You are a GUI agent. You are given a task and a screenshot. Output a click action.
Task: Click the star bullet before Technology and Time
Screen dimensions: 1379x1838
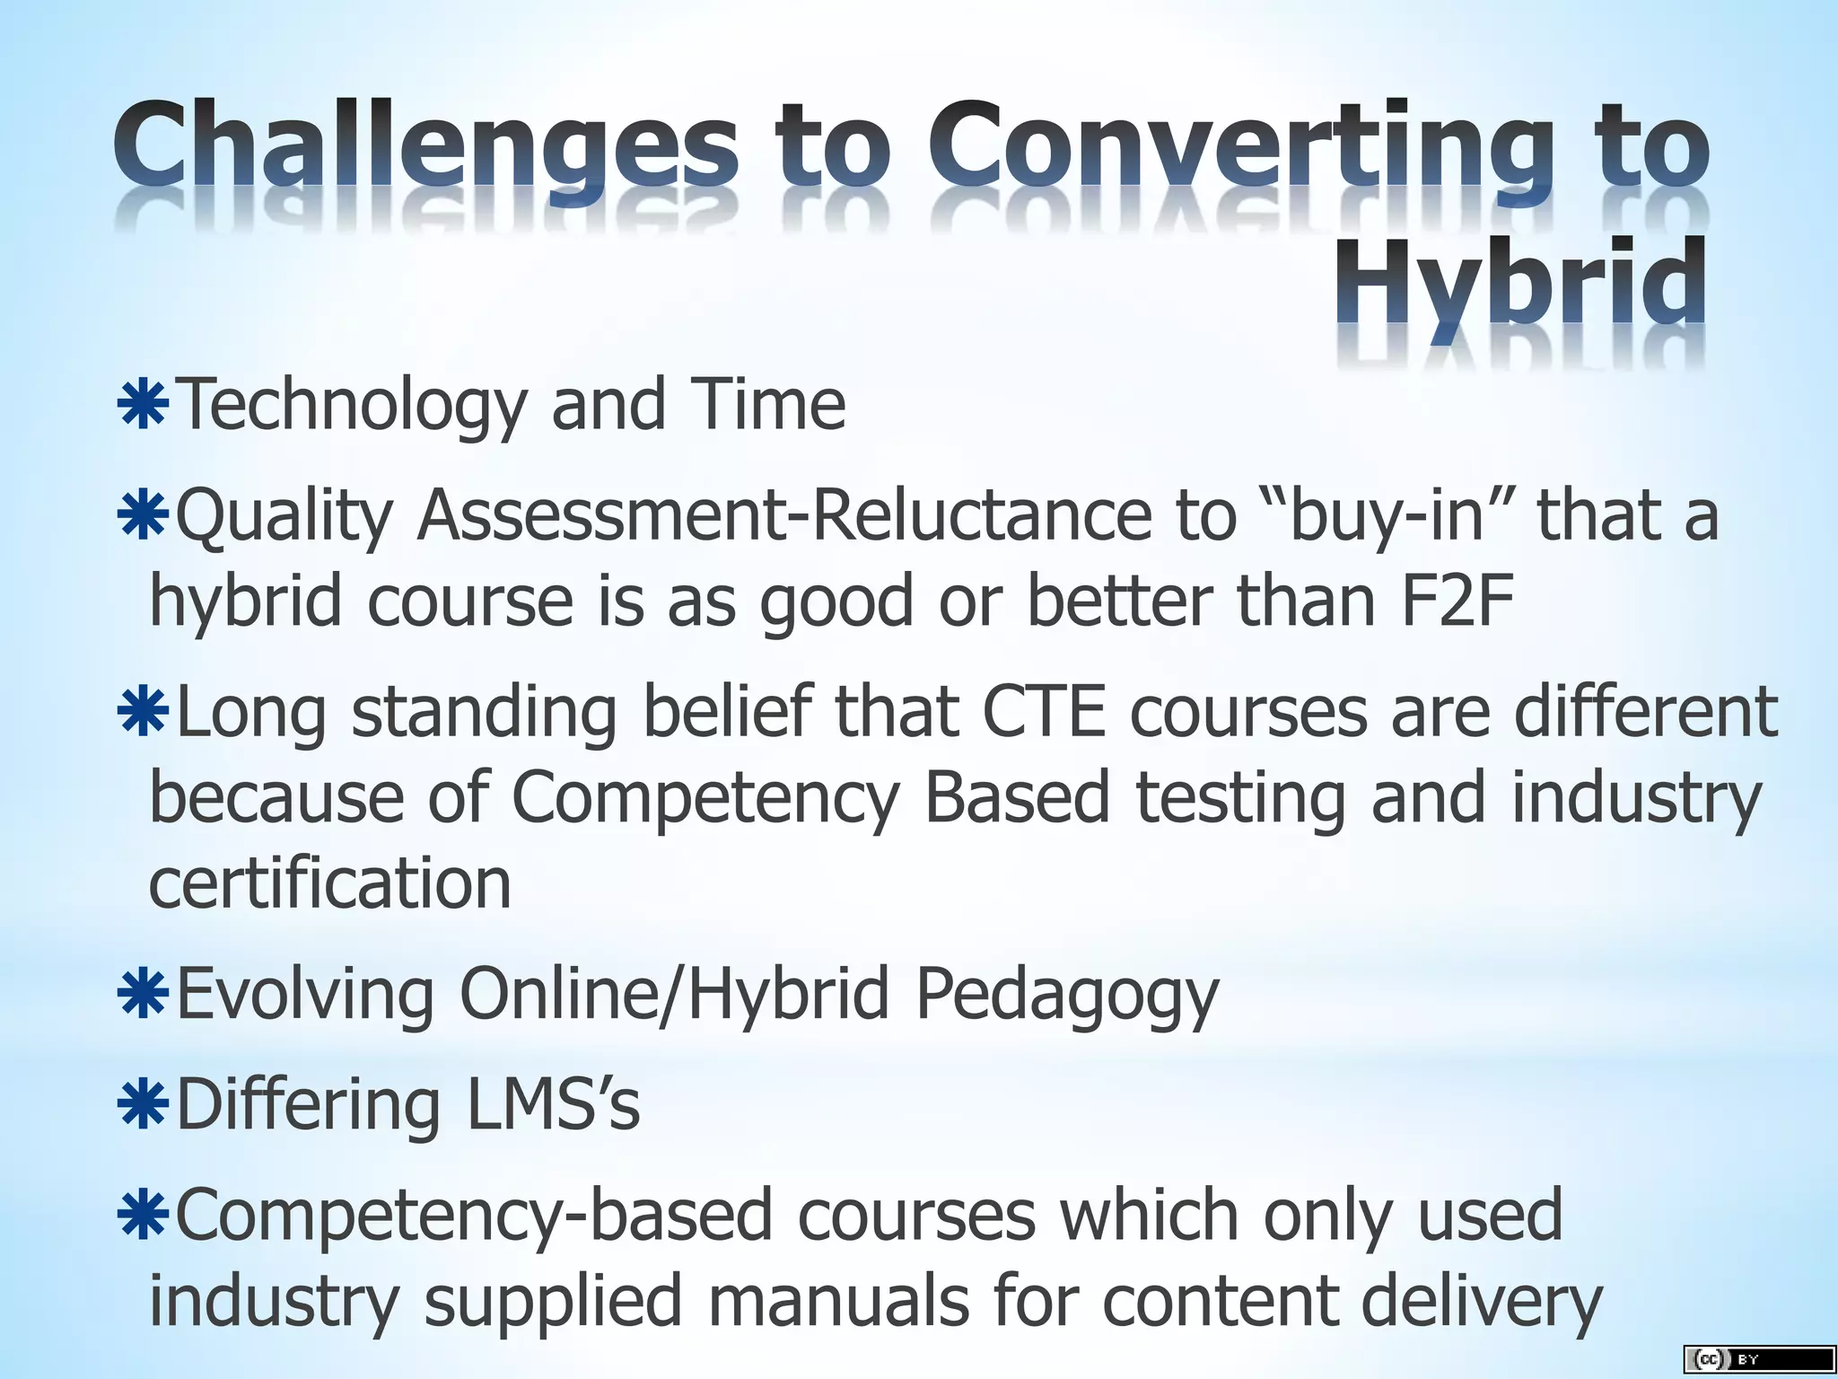tap(144, 405)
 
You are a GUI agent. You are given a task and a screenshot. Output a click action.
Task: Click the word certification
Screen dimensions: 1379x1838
tap(330, 883)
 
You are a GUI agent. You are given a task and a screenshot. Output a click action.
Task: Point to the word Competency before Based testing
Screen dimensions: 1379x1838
tap(705, 799)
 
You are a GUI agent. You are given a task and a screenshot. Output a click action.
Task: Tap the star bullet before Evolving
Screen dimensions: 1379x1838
tap(144, 995)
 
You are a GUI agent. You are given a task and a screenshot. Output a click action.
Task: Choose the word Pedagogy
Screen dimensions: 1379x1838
tap(1067, 995)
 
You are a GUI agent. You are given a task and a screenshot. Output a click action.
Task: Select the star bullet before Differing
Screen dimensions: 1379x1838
tap(144, 1105)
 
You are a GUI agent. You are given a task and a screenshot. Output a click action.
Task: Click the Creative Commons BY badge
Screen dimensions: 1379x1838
tap(1758, 1359)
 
